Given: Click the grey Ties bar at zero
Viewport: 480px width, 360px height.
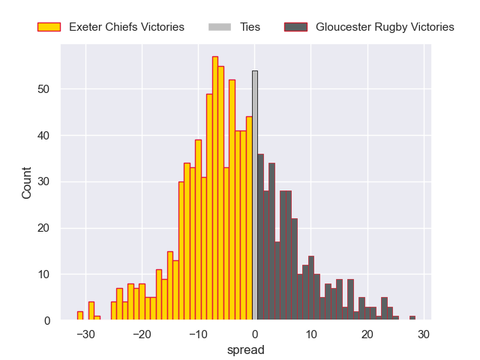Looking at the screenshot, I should tap(255, 196).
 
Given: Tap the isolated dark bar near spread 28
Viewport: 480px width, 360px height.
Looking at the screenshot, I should tap(412, 318).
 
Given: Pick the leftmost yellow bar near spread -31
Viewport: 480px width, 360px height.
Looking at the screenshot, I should tap(80, 316).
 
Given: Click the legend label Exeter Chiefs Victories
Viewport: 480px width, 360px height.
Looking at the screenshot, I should tap(126, 27).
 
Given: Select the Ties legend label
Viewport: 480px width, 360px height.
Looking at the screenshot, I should tap(250, 27).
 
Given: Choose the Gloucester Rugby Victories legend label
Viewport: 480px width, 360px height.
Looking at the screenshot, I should tap(385, 27).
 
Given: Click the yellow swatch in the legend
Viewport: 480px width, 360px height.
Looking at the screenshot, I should tap(49, 27).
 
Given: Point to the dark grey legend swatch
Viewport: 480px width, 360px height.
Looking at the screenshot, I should tap(295, 27).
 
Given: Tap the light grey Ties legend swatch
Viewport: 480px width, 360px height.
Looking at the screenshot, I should tap(219, 27).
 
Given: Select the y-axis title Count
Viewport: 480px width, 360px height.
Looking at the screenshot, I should tap(27, 182).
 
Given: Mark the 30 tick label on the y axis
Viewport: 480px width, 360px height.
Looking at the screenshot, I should tap(44, 182).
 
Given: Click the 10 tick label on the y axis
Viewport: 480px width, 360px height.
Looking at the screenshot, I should tap(44, 274).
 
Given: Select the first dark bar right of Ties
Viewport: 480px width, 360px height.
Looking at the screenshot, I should tap(260, 238).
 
